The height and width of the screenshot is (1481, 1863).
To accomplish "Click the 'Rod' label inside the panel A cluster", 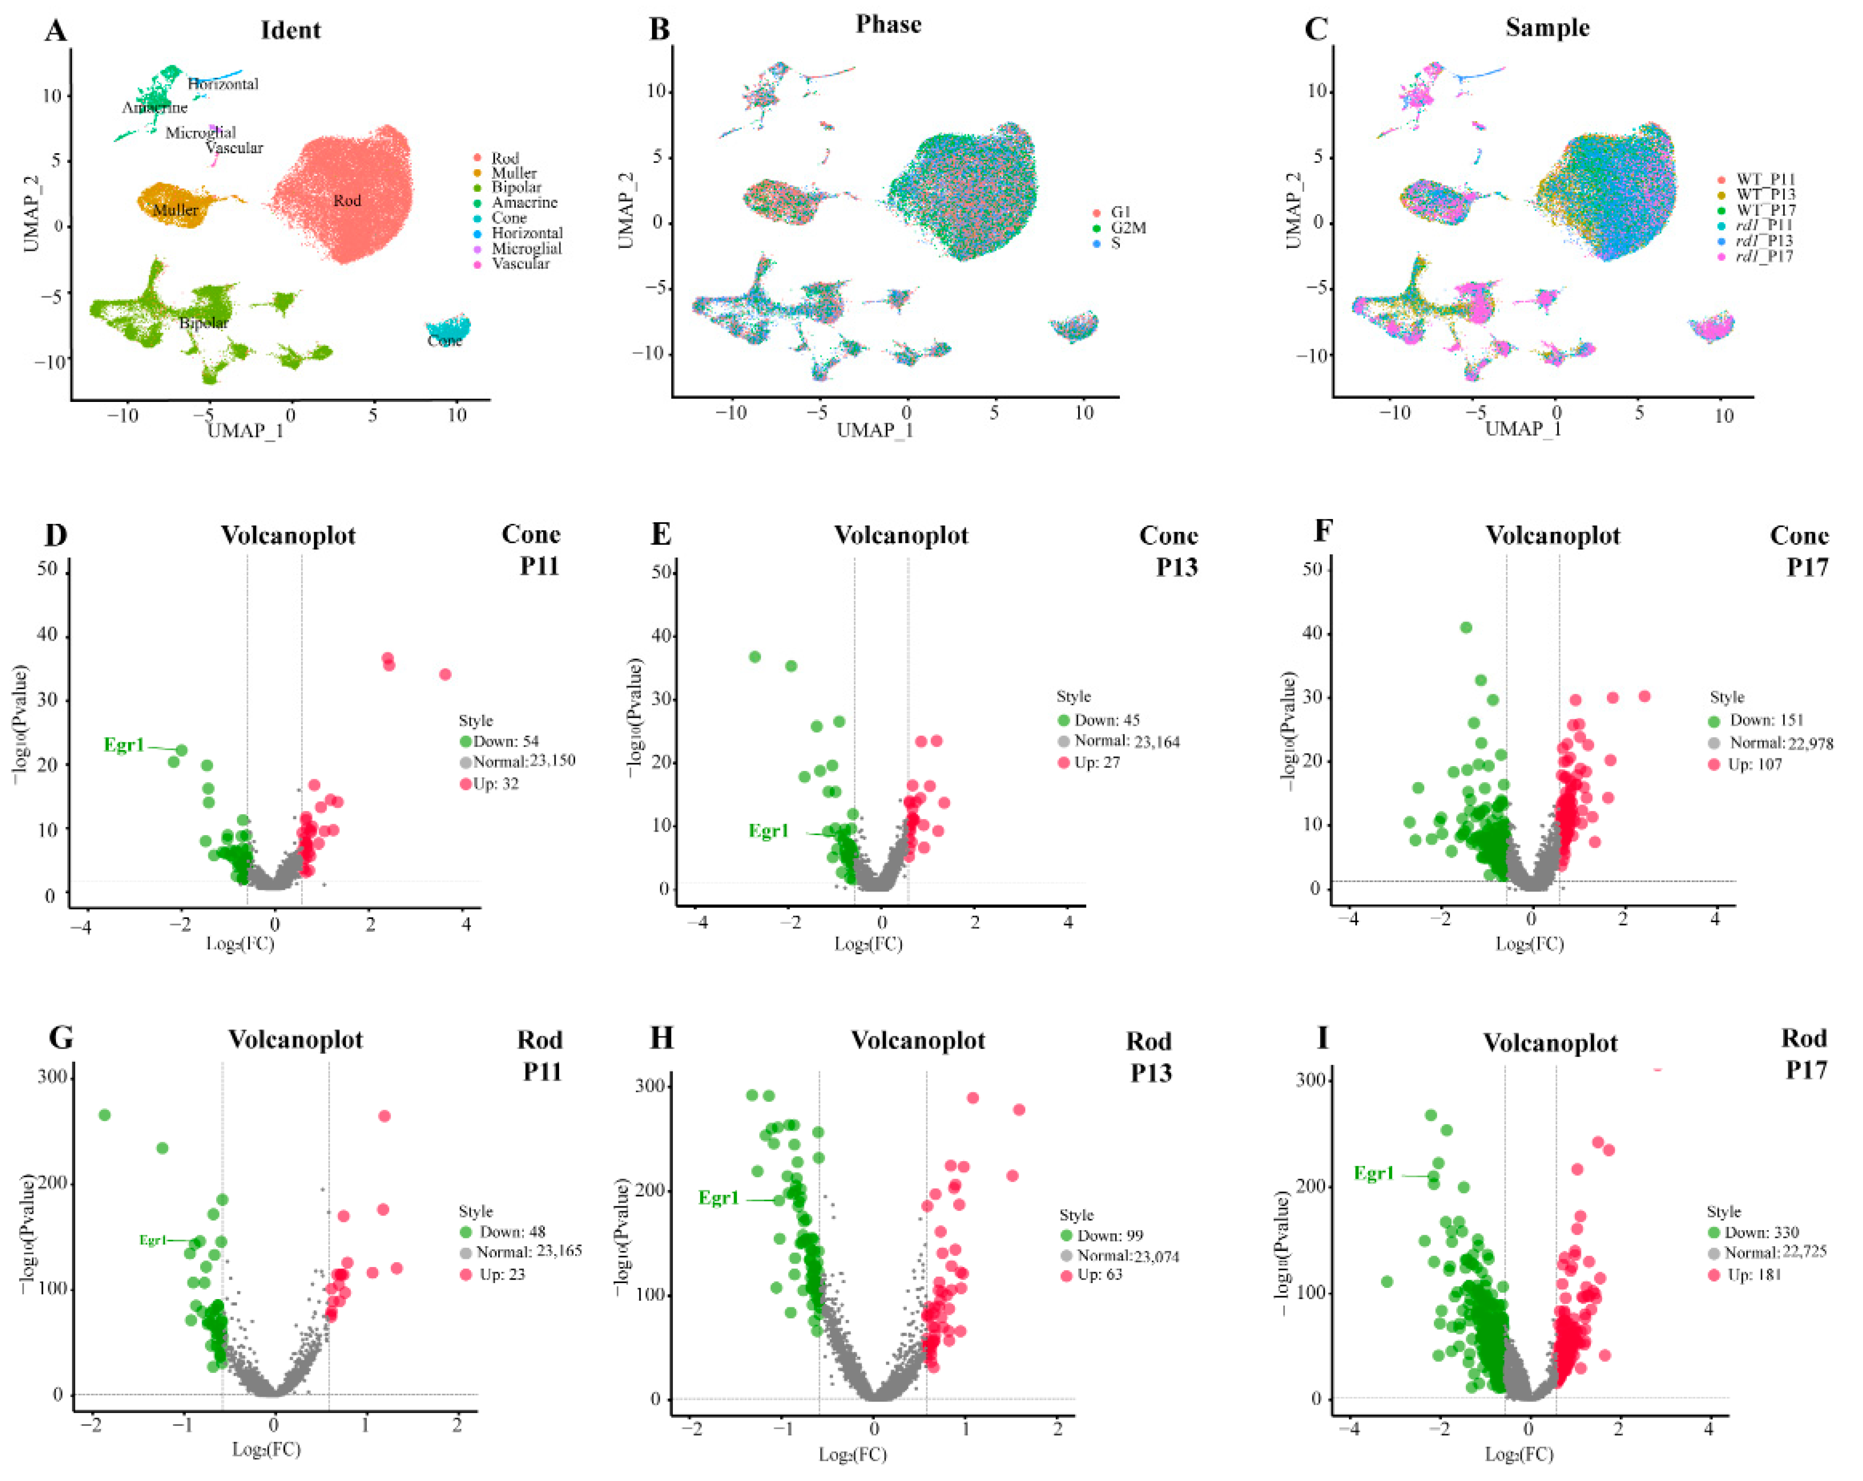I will click(x=347, y=201).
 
